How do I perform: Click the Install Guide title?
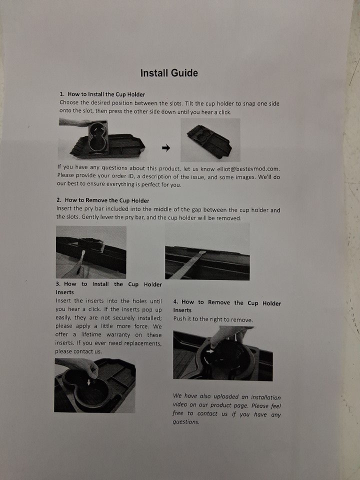(169, 73)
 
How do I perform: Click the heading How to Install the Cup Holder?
(106, 94)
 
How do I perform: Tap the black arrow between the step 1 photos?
(166, 148)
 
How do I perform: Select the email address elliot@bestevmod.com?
(248, 168)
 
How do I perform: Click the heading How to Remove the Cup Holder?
(107, 200)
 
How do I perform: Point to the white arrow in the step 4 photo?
(210, 351)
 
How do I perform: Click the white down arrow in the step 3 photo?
(89, 382)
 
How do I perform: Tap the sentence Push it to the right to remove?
(213, 319)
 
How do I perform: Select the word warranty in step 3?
(118, 335)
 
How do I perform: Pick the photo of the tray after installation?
(210, 140)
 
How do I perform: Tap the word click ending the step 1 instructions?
(224, 112)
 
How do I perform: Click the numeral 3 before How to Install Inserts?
(58, 284)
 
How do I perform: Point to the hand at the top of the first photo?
(75, 123)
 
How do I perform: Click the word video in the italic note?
(179, 405)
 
